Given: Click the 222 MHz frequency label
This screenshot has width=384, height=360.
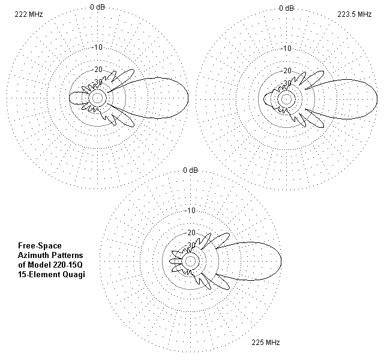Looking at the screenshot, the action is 29,14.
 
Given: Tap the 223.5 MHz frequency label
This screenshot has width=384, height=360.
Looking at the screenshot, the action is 355,14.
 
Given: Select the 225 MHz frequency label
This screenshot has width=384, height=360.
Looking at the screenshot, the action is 266,342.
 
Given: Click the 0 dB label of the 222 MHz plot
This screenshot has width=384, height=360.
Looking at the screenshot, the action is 97,7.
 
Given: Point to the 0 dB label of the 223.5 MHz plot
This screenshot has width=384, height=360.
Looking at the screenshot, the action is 286,8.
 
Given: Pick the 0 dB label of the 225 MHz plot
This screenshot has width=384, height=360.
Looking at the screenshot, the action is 191,170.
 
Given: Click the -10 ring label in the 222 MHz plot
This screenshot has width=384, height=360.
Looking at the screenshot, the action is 97,47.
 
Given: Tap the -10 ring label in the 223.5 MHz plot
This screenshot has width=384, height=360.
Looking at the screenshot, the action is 287,49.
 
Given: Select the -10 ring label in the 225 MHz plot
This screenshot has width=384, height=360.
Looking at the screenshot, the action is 190,211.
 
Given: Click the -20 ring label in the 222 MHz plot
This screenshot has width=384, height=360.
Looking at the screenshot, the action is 98,70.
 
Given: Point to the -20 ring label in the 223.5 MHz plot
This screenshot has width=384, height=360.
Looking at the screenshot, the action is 287,71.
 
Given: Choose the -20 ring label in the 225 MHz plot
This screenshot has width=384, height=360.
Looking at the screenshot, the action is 191,233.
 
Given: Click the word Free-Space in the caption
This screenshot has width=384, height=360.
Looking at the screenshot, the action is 40,246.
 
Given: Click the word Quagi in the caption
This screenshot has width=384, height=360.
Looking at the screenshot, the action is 74,275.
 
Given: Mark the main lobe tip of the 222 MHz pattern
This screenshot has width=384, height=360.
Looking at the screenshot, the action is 188,98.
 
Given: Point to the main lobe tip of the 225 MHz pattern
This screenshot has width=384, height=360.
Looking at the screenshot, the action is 281,262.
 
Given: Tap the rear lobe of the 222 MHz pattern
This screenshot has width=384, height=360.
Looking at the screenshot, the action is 70,98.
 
